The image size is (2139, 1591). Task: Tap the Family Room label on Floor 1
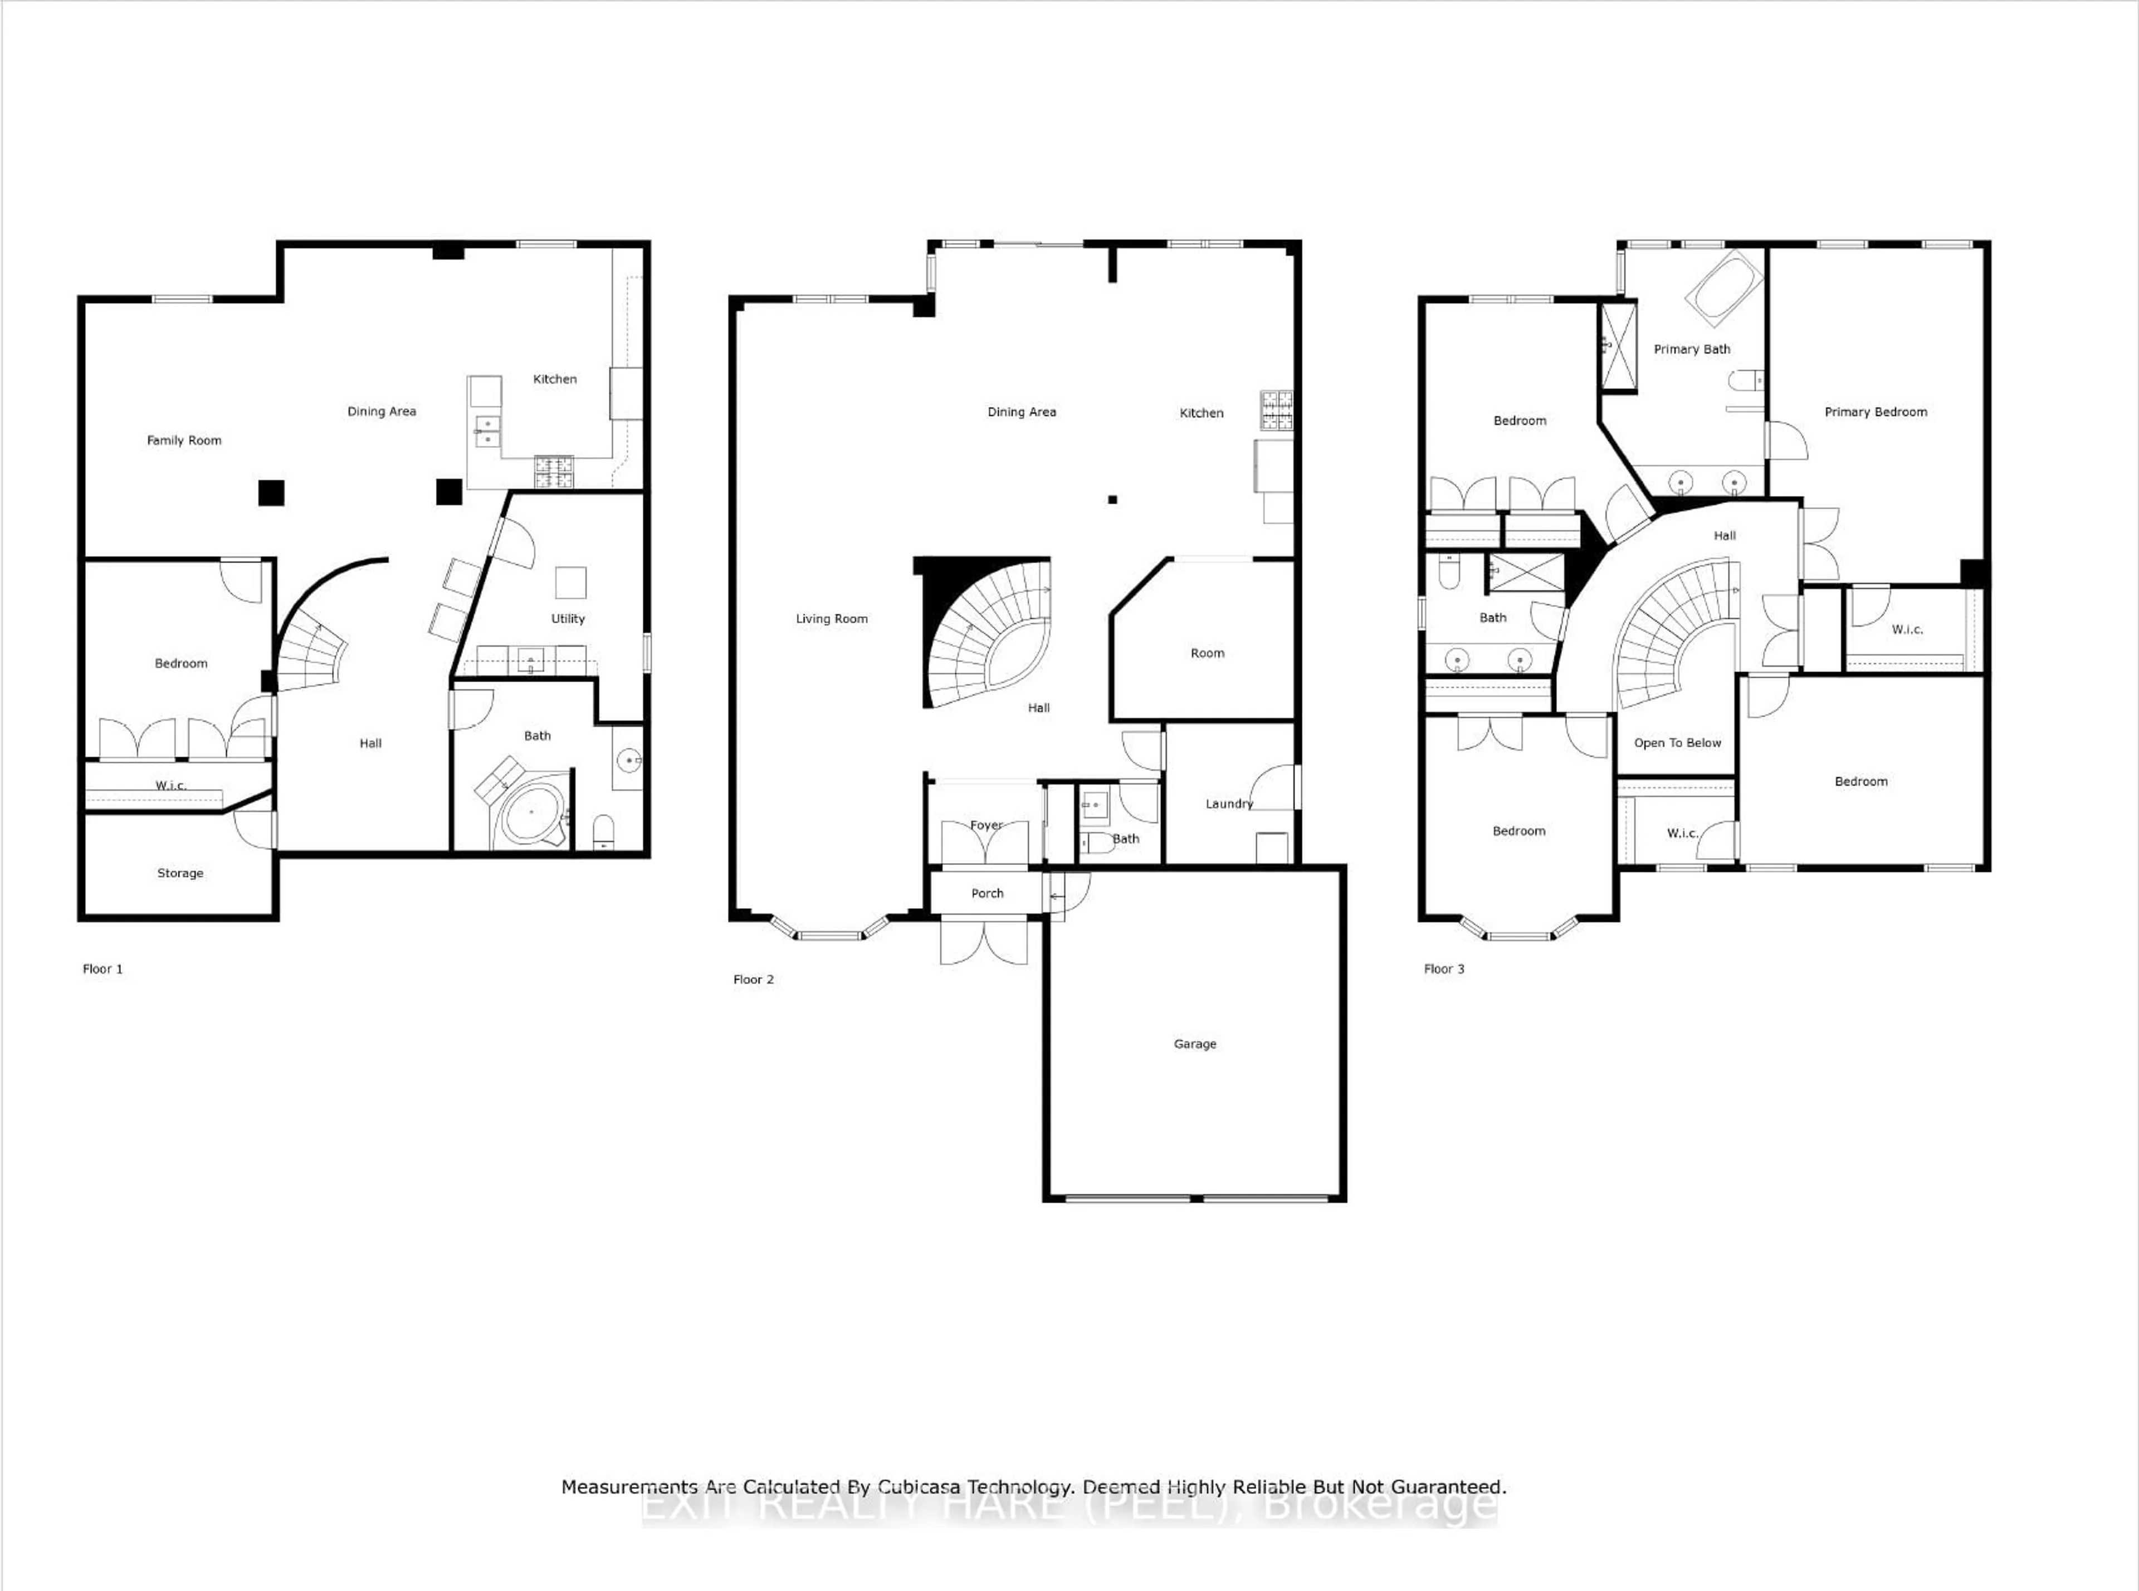(x=184, y=440)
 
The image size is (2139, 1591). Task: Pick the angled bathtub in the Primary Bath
(x=1724, y=287)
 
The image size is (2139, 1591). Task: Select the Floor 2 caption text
(x=753, y=980)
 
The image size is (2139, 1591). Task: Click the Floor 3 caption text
(x=1444, y=969)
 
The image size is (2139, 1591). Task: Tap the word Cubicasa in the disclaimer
(x=919, y=1487)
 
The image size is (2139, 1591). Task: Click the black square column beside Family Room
(x=272, y=493)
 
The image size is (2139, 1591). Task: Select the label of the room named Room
(x=1207, y=653)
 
